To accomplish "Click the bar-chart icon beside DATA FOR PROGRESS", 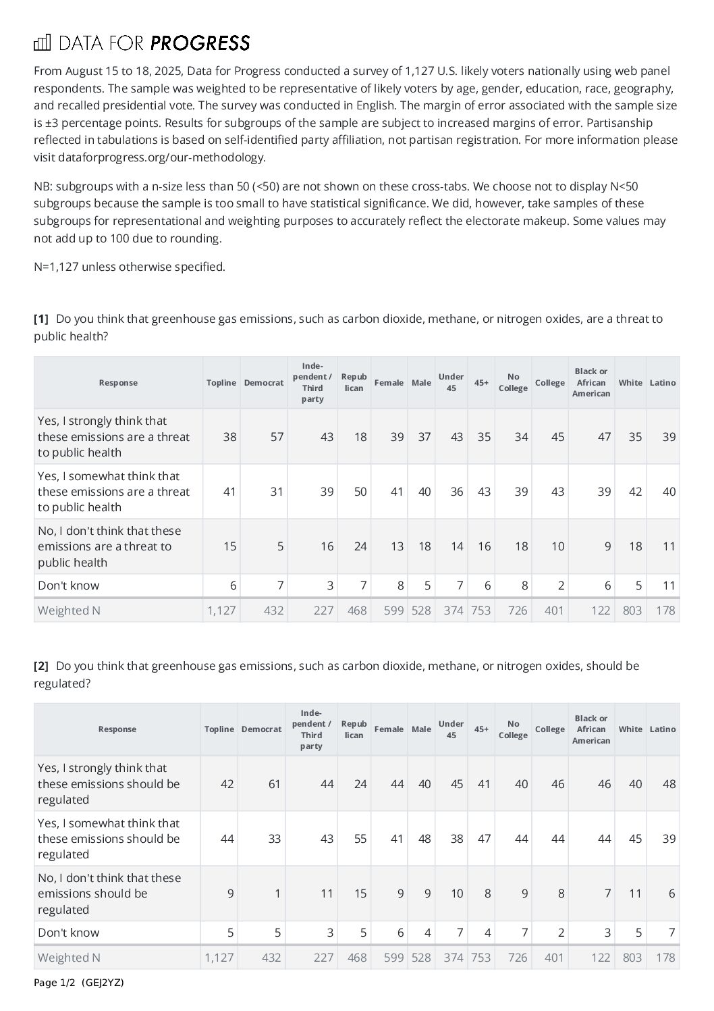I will click(x=42, y=43).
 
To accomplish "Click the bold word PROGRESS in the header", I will click(x=200, y=43).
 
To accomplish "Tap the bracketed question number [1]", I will click(x=41, y=319).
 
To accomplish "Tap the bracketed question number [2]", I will click(x=41, y=666).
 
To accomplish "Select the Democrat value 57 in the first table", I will click(x=277, y=437).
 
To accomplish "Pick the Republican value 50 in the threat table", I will click(x=360, y=492).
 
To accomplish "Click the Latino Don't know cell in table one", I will click(x=668, y=586).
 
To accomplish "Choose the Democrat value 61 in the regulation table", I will click(x=274, y=784).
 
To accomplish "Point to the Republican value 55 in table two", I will click(x=360, y=839).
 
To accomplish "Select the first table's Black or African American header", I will click(x=591, y=382).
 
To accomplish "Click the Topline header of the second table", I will click(x=219, y=729).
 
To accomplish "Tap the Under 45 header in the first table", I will click(x=451, y=382).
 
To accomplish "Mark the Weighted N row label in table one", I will click(x=69, y=611).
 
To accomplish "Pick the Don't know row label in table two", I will click(x=68, y=933).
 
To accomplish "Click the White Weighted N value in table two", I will click(x=632, y=958).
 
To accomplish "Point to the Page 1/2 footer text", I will click(x=56, y=983).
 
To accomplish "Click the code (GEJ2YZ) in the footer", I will click(x=103, y=983).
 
